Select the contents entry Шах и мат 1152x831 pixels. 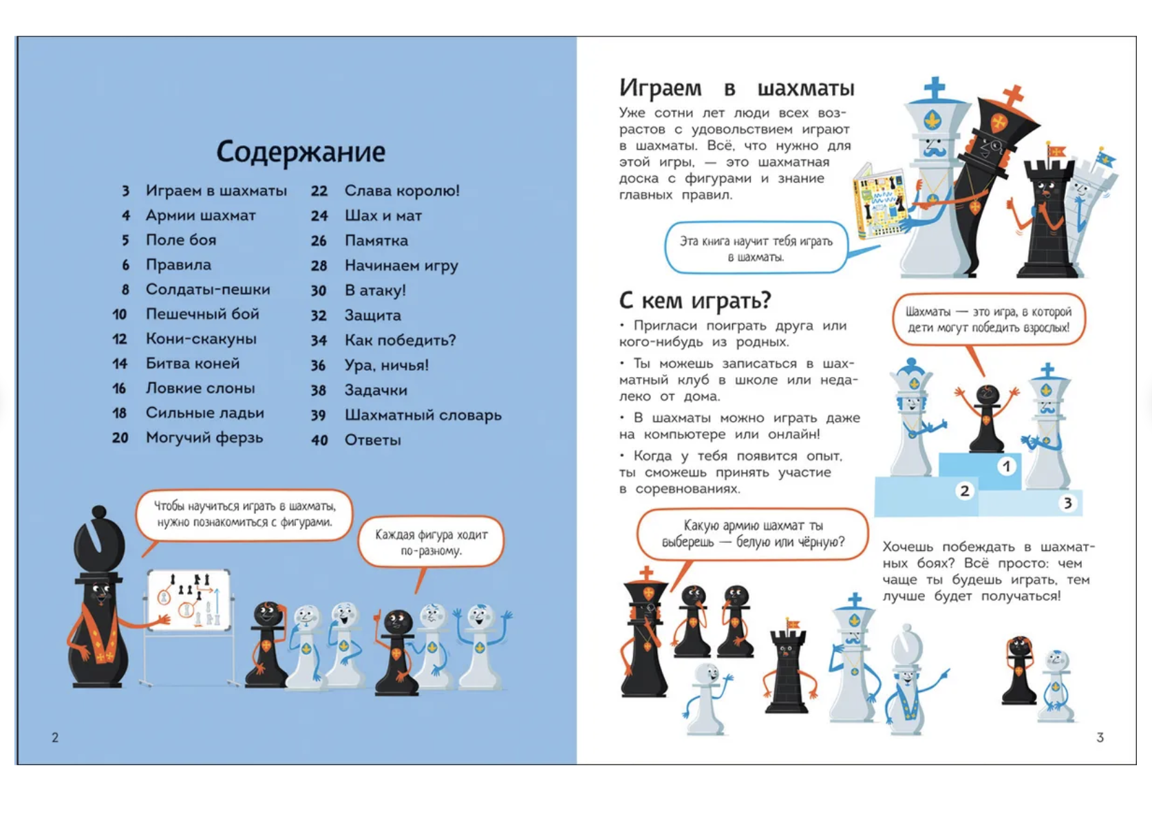tap(383, 216)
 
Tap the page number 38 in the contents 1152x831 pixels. tap(318, 391)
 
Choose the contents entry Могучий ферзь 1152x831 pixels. tap(204, 438)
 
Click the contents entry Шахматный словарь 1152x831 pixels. tap(423, 415)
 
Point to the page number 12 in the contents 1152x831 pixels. tap(120, 339)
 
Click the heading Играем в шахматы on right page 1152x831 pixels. tap(736, 88)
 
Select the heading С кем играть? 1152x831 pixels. tap(695, 301)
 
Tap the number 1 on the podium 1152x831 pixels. tap(1006, 466)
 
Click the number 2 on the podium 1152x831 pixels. tap(964, 490)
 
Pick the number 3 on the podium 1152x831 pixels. tap(1067, 503)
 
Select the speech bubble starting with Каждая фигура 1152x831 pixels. tap(431, 542)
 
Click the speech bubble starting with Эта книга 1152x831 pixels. tap(756, 248)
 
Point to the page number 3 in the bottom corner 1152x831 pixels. tap(1100, 737)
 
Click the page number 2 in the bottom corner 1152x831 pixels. tap(55, 737)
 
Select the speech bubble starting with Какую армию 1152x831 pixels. tap(752, 534)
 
